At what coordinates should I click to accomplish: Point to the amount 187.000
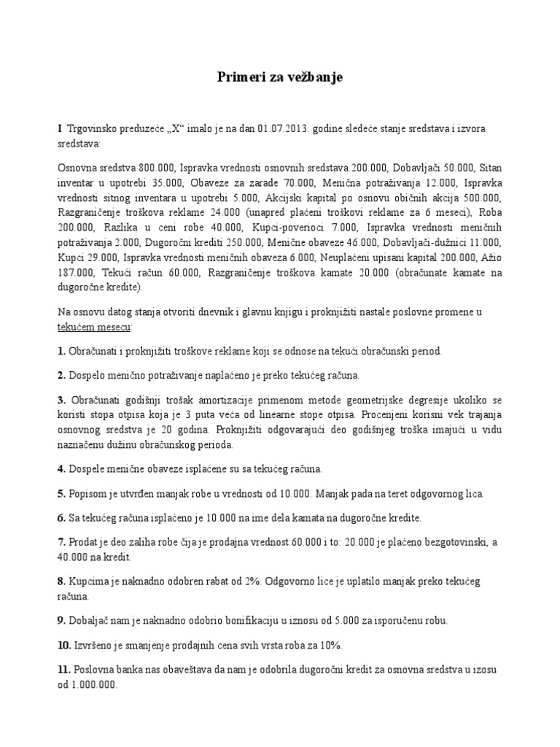click(74, 273)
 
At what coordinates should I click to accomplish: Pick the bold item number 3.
click(61, 401)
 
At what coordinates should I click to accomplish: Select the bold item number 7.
click(61, 542)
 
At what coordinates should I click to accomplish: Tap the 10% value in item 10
click(329, 646)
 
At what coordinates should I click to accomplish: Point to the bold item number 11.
click(63, 670)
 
